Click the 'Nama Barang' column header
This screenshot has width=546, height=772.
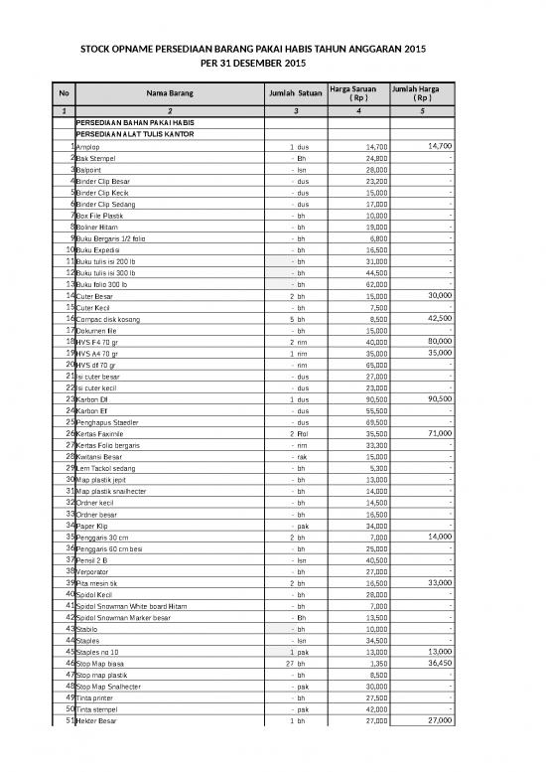[x=170, y=93]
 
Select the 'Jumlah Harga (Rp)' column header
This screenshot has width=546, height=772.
[x=423, y=93]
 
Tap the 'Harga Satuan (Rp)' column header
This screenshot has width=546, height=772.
[x=358, y=93]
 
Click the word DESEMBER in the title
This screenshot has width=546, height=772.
[x=260, y=64]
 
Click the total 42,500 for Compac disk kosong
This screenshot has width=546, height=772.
[x=438, y=318]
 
